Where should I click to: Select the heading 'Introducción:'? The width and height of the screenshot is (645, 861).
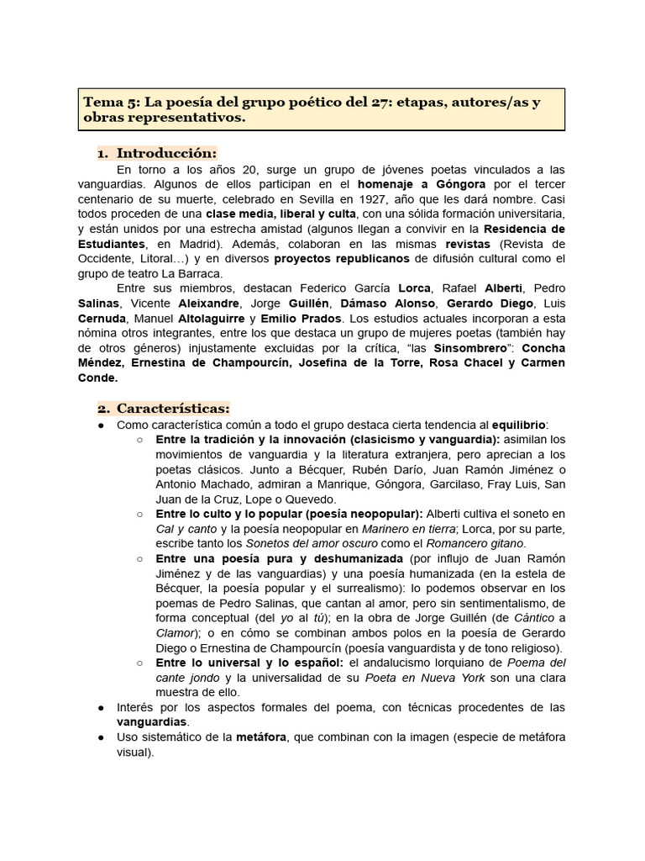[166, 153]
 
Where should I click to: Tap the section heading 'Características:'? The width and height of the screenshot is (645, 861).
[173, 408]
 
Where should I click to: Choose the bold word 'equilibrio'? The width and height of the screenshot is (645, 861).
[519, 425]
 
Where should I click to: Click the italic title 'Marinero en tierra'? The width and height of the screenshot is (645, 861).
[407, 528]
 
